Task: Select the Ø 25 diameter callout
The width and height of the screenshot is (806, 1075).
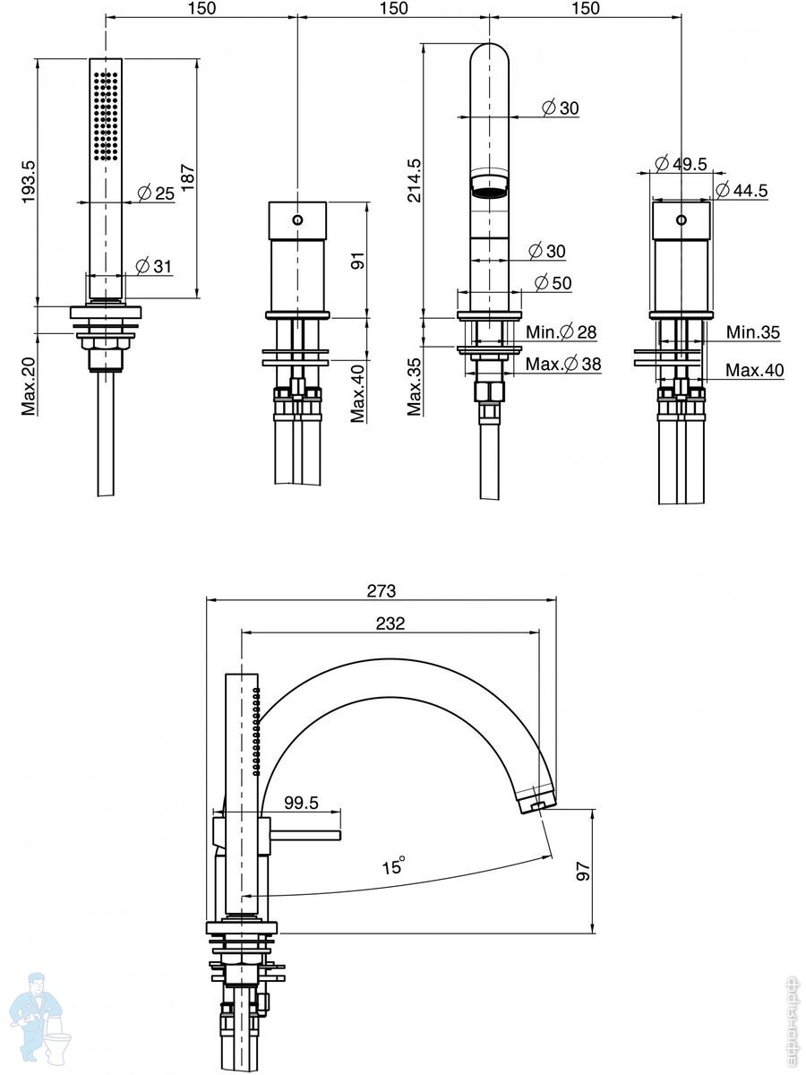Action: [155, 193]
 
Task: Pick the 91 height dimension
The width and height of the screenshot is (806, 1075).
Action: [357, 262]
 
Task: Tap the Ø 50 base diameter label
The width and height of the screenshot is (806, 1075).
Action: [553, 283]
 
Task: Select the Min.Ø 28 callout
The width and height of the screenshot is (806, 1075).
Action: [562, 332]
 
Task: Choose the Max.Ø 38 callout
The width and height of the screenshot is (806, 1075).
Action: [562, 364]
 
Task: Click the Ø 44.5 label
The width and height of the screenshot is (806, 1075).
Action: [742, 190]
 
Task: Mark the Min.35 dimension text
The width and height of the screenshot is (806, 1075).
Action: [752, 332]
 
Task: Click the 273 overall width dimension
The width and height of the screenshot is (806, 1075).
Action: [382, 590]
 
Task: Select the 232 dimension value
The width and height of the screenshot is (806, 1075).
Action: [390, 623]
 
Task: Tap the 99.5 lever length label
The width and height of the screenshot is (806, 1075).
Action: [301, 803]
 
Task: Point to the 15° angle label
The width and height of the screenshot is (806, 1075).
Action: [394, 866]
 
